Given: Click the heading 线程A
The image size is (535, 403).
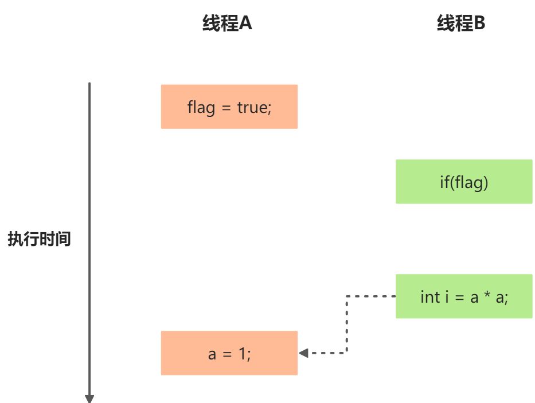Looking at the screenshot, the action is tap(227, 23).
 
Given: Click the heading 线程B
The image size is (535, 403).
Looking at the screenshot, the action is tap(461, 23).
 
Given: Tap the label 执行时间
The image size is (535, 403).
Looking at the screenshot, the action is tap(39, 238).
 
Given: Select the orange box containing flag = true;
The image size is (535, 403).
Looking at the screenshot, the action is tap(229, 107).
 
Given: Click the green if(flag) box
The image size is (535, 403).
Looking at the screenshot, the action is tap(464, 182).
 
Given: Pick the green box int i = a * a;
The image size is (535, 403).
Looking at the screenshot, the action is tap(464, 296).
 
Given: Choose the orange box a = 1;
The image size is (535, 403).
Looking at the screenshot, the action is tap(229, 353).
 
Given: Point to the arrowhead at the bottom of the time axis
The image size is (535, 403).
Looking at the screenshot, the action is tap(89, 399).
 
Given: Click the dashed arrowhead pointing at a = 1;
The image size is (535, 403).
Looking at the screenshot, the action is tap(303, 353).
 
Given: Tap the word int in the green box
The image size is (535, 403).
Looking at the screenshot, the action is tap(430, 297).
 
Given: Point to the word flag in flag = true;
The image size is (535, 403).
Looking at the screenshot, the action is tap(201, 108).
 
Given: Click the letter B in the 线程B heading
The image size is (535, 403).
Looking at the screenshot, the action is tap(479, 23).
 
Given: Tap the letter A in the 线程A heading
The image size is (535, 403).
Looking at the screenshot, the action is tap(245, 23).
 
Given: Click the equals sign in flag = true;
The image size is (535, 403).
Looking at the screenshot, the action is tap(227, 108).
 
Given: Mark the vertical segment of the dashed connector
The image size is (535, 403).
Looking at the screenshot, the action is tap(347, 324).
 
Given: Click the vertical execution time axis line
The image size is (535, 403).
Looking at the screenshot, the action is tap(89, 239).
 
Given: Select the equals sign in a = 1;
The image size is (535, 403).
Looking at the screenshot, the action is tap(227, 354).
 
